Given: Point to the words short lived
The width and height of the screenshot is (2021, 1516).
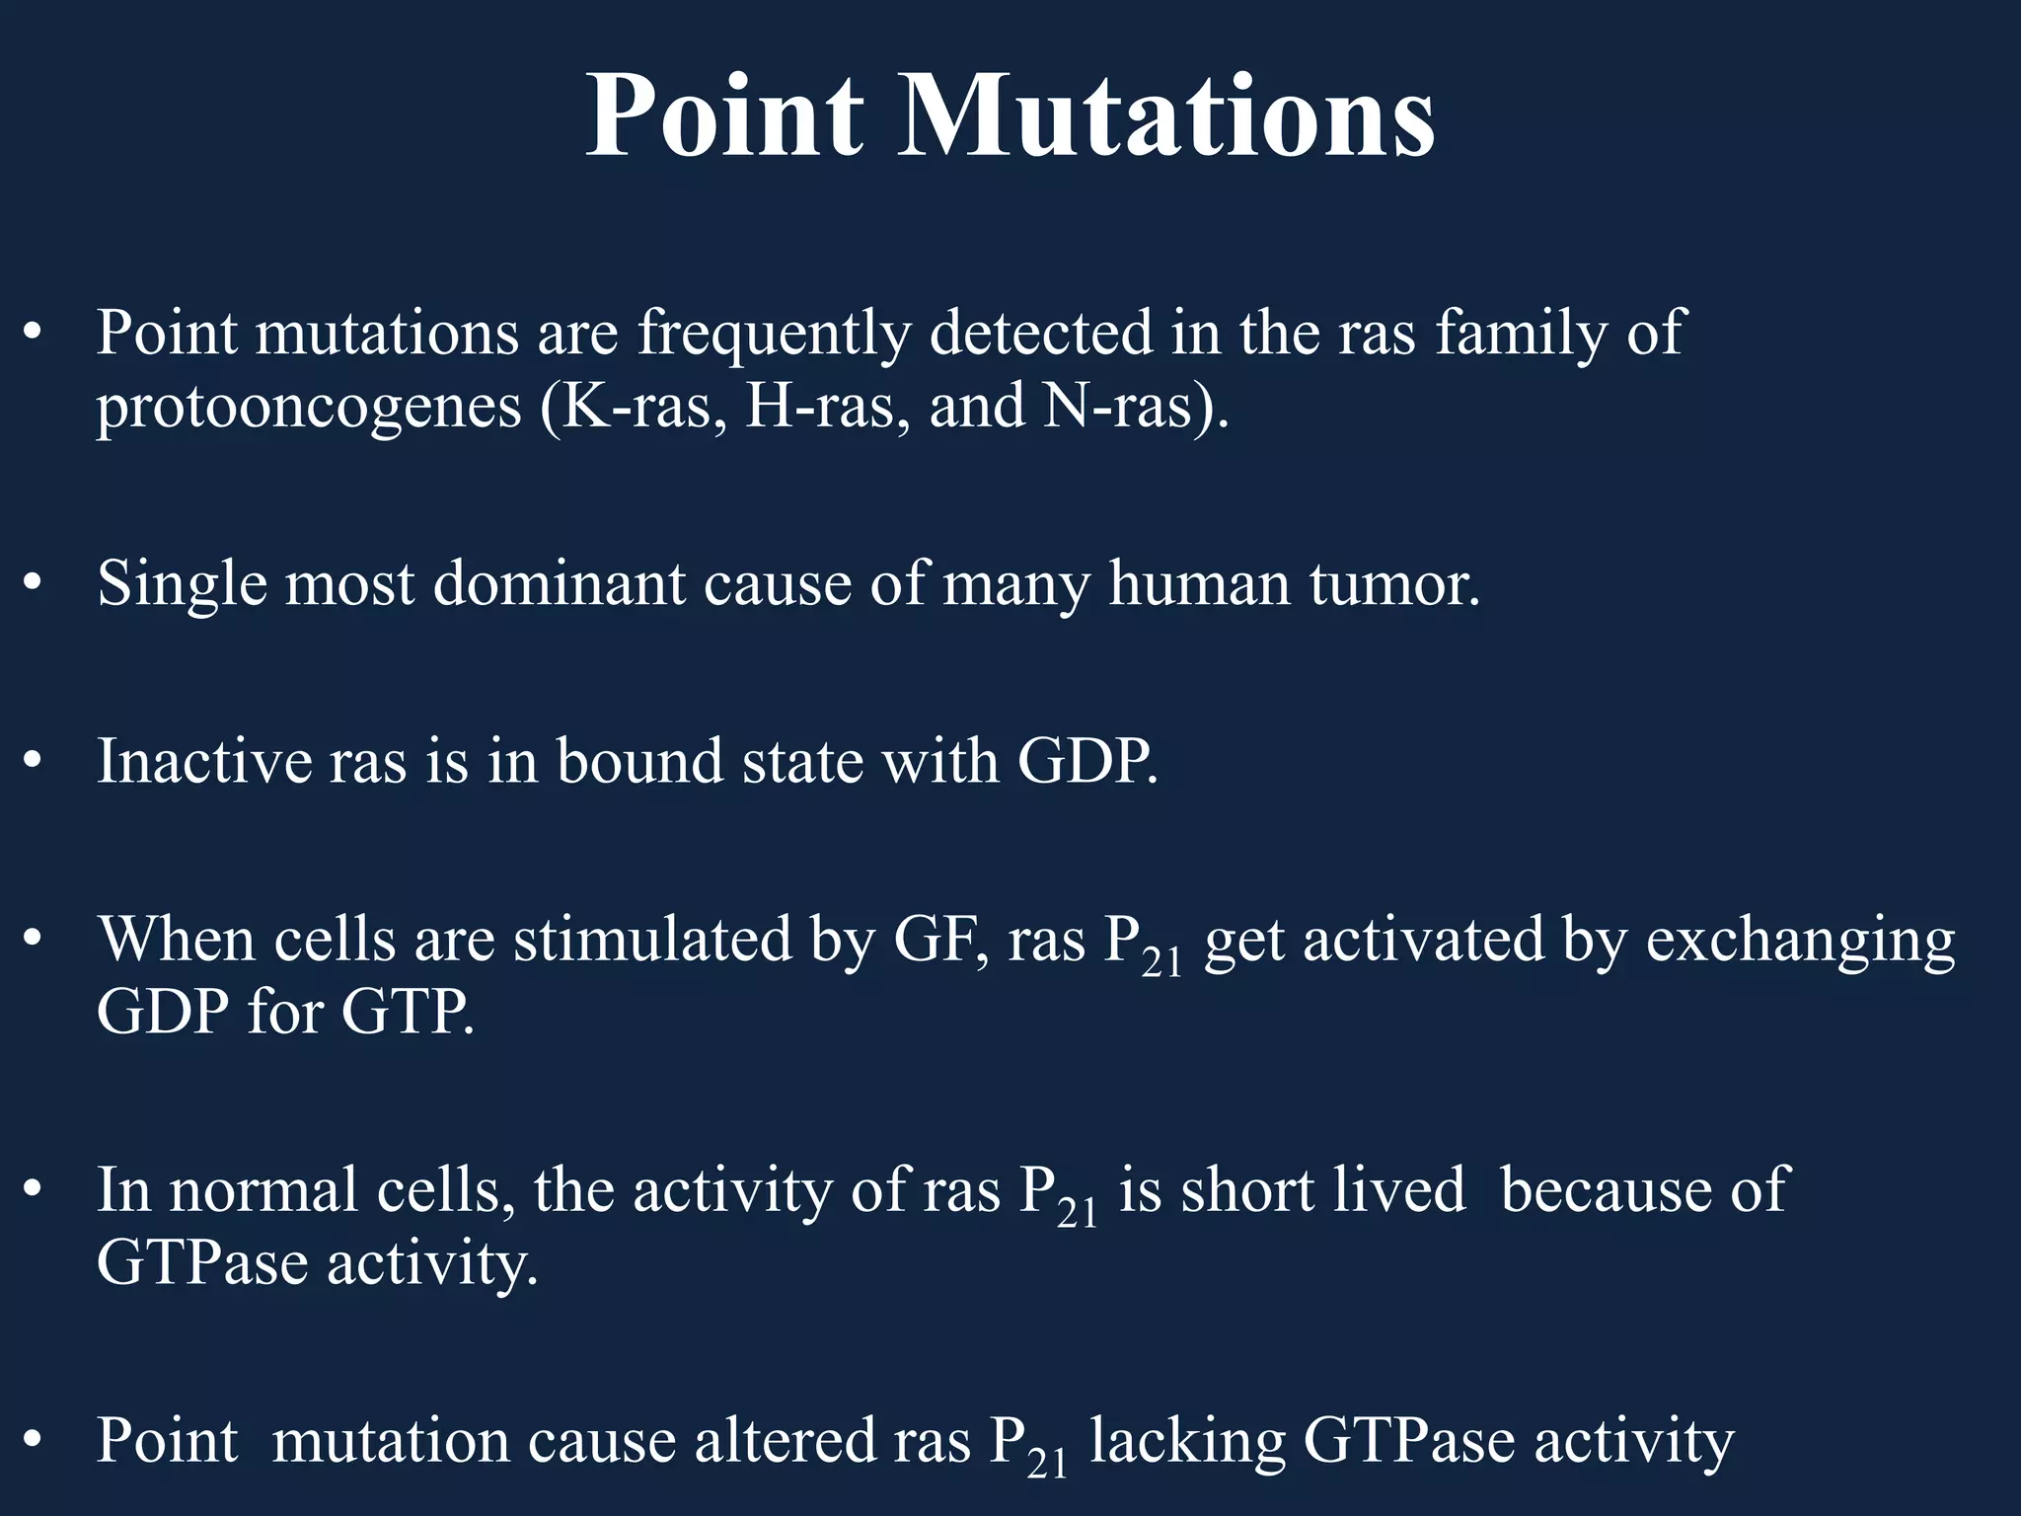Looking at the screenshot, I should pyautogui.click(x=1322, y=1189).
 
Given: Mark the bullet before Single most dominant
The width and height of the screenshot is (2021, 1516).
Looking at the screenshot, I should pyautogui.click(x=33, y=584).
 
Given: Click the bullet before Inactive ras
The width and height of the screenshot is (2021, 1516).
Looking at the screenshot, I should pyautogui.click(x=33, y=762).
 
